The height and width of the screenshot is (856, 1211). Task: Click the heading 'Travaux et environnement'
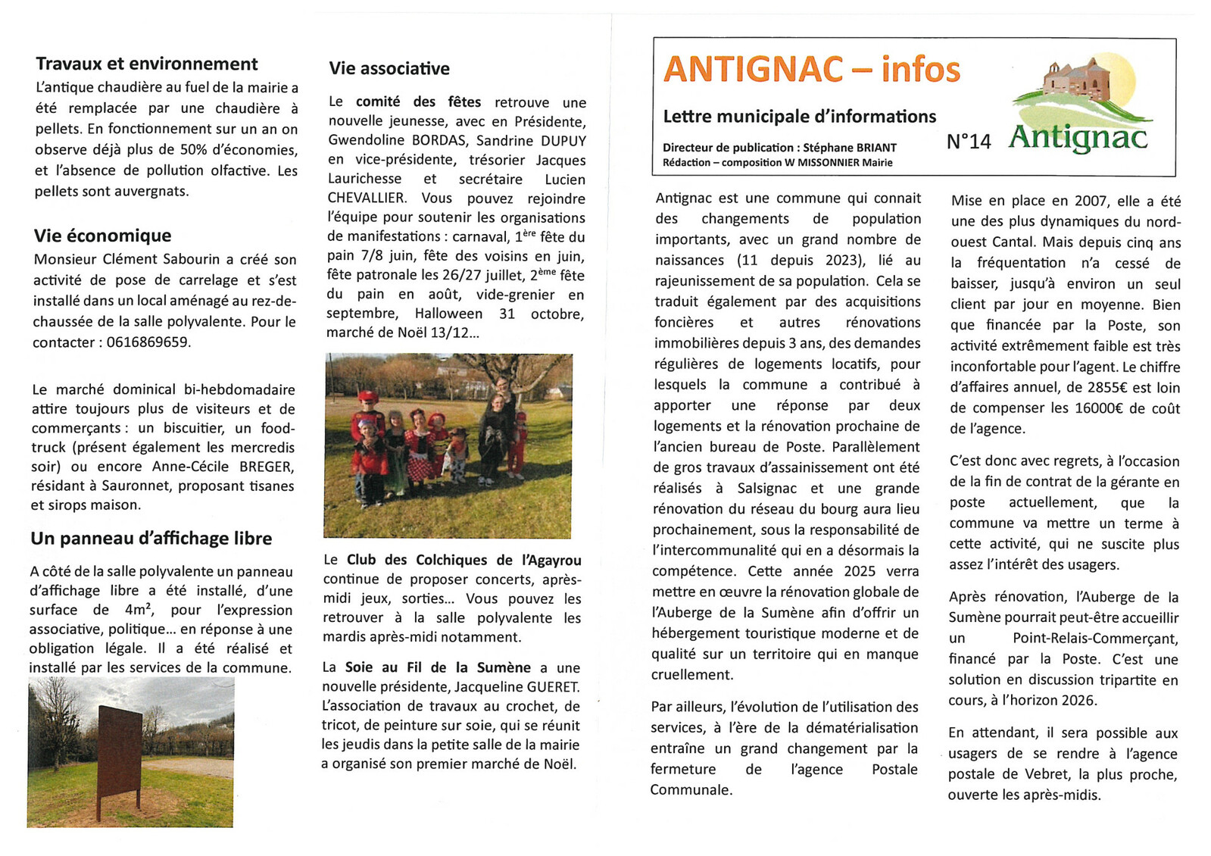pyautogui.click(x=147, y=64)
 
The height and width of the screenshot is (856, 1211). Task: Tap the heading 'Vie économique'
pyautogui.click(x=102, y=236)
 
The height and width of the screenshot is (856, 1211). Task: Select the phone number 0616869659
pyautogui.click(x=147, y=342)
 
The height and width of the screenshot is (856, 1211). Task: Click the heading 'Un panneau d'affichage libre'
pyautogui.click(x=151, y=539)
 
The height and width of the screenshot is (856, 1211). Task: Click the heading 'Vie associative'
pyautogui.click(x=389, y=69)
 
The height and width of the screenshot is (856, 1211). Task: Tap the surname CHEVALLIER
pyautogui.click(x=367, y=198)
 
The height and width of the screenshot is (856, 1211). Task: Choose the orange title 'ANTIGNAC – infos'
pyautogui.click(x=811, y=70)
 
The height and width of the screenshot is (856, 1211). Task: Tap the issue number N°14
pyautogui.click(x=969, y=142)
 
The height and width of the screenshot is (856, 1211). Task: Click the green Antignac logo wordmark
pyautogui.click(x=1078, y=137)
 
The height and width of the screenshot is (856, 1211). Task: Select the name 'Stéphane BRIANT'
pyautogui.click(x=850, y=148)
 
